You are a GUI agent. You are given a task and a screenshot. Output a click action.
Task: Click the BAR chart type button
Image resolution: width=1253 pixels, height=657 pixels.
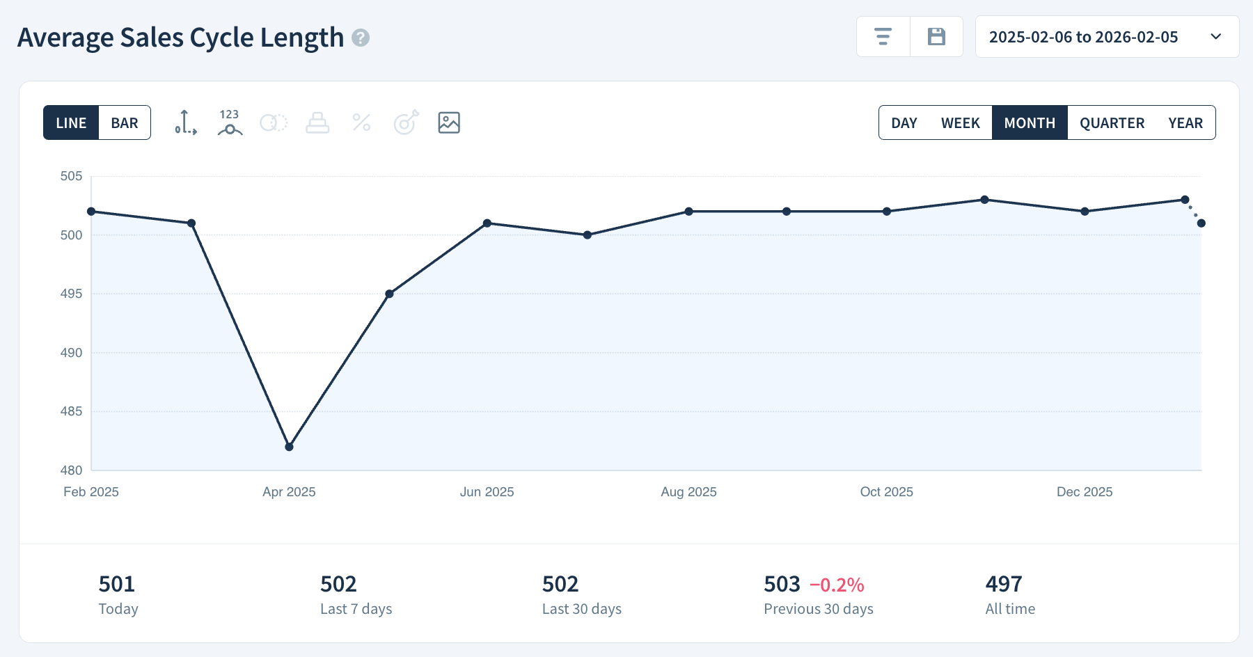[125, 123]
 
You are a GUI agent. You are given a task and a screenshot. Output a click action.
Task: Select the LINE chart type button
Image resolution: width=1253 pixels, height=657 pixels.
[71, 123]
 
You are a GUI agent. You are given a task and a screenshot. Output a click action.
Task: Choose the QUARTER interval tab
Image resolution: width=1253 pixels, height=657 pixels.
[1112, 123]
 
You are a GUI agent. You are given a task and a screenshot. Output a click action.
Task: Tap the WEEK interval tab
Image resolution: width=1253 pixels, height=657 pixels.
[960, 123]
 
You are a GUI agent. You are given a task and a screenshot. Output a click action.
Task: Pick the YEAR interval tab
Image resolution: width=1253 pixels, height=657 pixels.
[1185, 123]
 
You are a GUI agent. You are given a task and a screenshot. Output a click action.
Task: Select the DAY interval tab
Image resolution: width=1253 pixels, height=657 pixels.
[904, 123]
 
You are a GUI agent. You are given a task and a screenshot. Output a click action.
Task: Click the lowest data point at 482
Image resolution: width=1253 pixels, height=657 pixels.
[290, 447]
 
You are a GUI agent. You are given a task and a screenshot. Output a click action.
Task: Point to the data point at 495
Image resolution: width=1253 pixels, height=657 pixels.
[389, 294]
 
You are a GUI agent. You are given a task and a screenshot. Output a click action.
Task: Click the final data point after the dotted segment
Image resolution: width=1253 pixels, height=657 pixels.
[1201, 223]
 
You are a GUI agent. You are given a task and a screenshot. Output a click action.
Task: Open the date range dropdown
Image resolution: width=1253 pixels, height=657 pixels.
[1107, 37]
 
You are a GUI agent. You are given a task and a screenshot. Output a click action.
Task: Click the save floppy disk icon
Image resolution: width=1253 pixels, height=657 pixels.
[936, 37]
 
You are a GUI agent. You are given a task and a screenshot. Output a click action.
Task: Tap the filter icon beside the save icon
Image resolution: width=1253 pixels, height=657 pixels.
[883, 37]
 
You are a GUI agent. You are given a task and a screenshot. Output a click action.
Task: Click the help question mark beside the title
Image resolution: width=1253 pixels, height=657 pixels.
[361, 38]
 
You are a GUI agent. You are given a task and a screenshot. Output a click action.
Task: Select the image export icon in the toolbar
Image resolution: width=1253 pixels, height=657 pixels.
[449, 122]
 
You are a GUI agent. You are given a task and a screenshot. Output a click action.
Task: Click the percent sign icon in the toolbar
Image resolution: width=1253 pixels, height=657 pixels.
[361, 122]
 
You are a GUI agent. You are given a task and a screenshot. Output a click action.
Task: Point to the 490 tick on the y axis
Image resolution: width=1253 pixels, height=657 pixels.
[71, 353]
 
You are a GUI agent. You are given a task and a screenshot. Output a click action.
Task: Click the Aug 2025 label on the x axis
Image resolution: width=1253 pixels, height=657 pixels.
[688, 492]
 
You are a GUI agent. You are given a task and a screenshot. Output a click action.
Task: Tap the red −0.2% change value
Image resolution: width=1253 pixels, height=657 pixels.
[837, 585]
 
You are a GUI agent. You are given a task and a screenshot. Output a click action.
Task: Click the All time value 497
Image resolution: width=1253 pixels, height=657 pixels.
[1004, 584]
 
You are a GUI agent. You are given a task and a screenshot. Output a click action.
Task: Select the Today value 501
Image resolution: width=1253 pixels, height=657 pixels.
[117, 584]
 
